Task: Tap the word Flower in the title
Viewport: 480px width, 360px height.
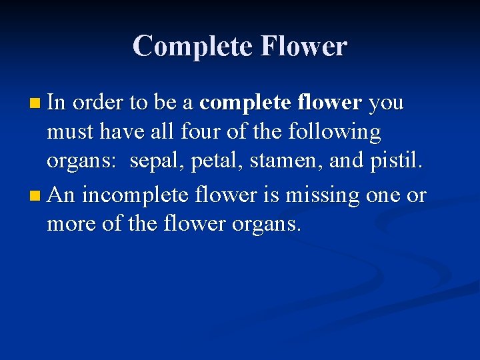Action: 304,46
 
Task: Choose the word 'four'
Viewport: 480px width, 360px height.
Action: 201,132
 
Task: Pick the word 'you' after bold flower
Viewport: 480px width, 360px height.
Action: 386,104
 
